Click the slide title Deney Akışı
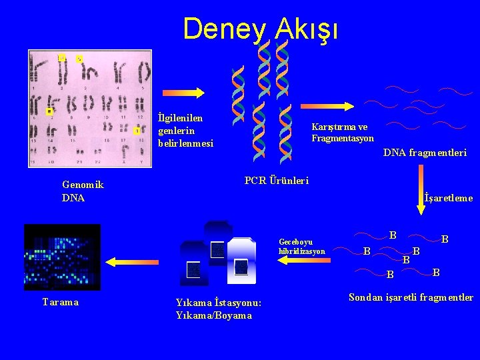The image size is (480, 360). [261, 29]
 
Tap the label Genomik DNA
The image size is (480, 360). [83, 191]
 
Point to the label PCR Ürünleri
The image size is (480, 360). [277, 181]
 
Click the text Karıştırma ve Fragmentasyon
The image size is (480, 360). [342, 133]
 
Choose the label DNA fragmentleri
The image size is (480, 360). [425, 153]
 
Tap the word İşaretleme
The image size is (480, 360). [448, 198]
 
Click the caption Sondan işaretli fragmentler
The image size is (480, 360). [411, 297]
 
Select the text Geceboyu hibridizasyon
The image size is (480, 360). [302, 247]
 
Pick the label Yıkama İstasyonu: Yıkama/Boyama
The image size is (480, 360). [219, 309]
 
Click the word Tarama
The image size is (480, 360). [61, 302]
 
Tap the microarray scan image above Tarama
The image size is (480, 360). [62, 257]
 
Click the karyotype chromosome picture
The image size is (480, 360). [89, 108]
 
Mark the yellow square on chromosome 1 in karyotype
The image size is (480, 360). [62, 59]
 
